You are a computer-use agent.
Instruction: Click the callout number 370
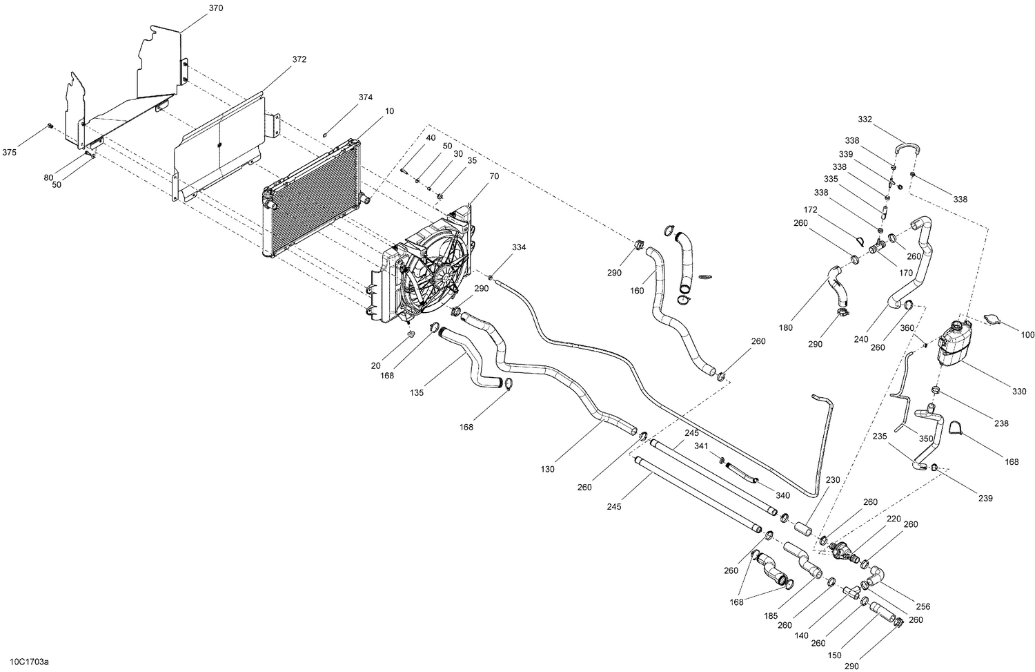tap(216, 8)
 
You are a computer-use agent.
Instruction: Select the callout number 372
tap(299, 60)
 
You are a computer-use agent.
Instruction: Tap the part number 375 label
tap(10, 152)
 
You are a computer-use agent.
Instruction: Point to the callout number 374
tap(365, 97)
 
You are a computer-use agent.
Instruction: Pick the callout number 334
tap(519, 247)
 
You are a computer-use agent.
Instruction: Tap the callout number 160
tap(637, 291)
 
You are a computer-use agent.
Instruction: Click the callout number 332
tap(865, 119)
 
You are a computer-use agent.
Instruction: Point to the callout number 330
tap(1019, 392)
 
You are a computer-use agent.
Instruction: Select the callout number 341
tap(702, 446)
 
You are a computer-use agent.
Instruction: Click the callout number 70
tap(493, 176)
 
